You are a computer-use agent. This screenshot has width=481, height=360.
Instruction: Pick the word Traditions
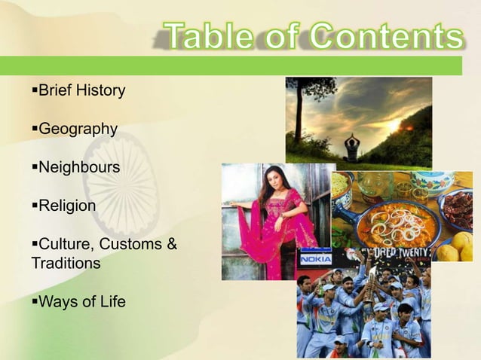click(x=66, y=264)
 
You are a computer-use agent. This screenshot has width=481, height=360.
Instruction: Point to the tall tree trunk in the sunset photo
click(x=299, y=113)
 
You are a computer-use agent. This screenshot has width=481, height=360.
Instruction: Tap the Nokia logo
click(x=316, y=258)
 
